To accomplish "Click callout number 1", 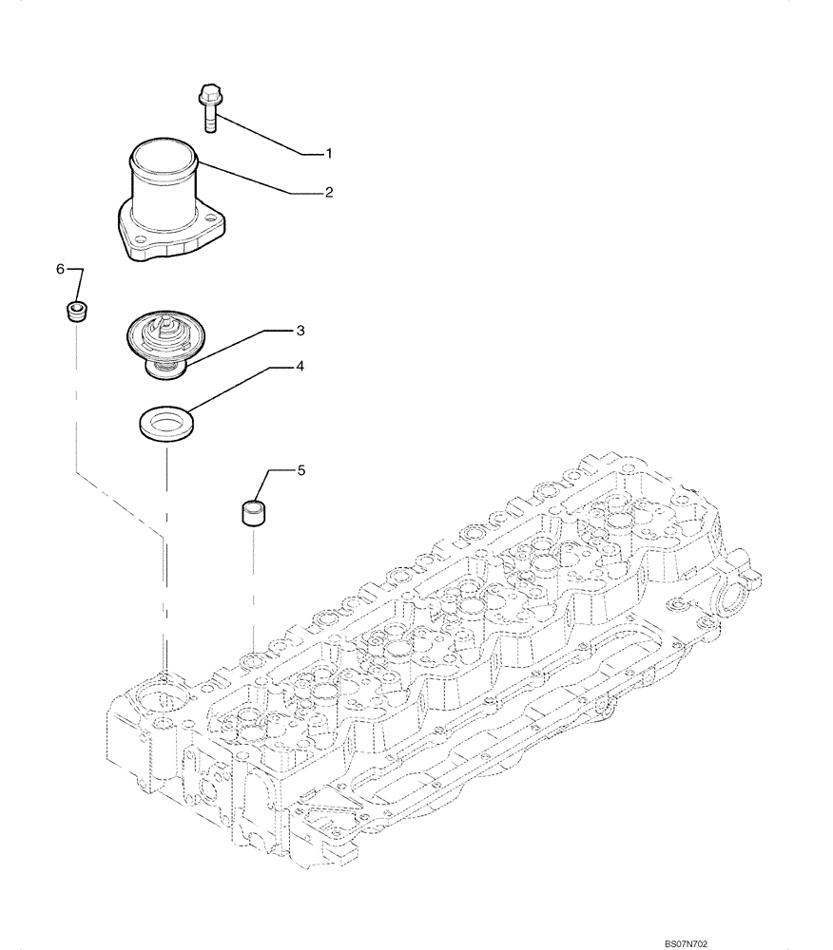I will (x=328, y=153).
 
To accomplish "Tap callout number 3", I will (x=300, y=331).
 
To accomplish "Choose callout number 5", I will (x=300, y=469).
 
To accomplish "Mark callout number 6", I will (x=60, y=270).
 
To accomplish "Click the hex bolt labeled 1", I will (x=209, y=106).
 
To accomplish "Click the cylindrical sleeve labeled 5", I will (x=251, y=512).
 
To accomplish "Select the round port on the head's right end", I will (x=736, y=600).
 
